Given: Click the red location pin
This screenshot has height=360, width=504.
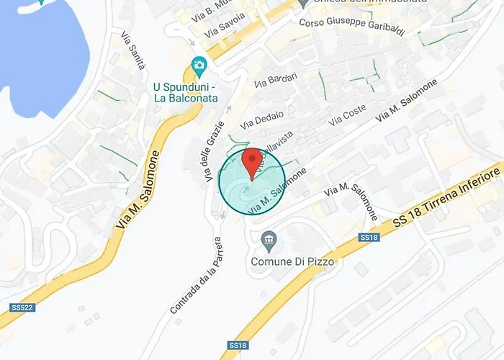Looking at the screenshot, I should click(x=251, y=161).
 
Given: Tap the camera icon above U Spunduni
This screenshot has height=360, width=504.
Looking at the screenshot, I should click(x=199, y=67).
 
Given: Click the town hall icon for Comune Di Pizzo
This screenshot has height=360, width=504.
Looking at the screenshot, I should click(x=269, y=238).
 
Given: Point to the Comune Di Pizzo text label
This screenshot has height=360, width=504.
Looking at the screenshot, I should click(x=292, y=262).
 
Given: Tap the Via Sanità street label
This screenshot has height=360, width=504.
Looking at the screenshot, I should click(x=133, y=50).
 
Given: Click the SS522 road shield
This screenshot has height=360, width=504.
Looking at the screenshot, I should click(x=20, y=307).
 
